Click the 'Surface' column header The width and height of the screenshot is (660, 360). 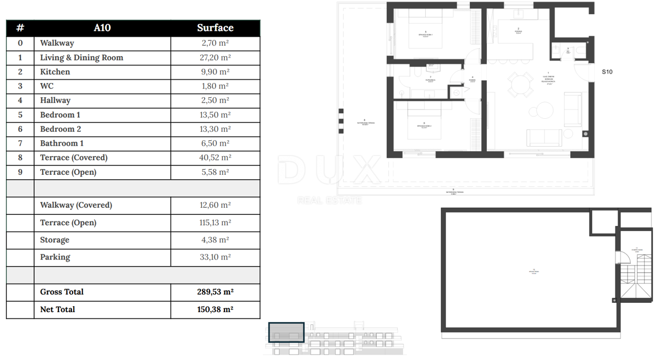pos(215,28)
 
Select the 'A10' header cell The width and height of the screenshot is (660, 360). pos(102,28)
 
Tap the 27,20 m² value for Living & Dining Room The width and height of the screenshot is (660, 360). pos(215,58)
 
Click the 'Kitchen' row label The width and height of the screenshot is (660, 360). pos(55,72)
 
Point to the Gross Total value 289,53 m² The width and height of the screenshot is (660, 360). pos(215,292)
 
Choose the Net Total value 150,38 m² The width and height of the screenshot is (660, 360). pos(215,309)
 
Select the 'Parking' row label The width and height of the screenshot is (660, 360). pos(55,257)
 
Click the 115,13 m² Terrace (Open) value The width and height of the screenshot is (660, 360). pos(215,223)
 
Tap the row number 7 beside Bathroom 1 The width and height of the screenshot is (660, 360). pos(20,143)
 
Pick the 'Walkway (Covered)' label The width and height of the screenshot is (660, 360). pos(76,205)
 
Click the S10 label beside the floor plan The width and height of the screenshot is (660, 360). pos(607,72)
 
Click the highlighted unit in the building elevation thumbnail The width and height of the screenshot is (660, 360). pos(286,332)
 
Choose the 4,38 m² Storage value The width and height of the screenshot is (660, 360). pos(215,240)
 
